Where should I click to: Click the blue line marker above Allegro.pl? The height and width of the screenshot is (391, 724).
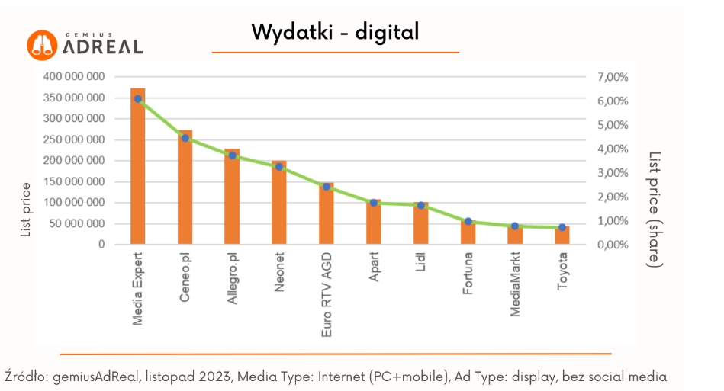[x=232, y=155]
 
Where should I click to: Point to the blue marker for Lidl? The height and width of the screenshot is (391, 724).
[x=420, y=205]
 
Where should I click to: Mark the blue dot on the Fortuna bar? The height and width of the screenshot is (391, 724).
[x=468, y=222]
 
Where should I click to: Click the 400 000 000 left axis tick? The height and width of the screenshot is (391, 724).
[x=74, y=77]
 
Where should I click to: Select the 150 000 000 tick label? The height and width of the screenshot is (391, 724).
[x=74, y=182]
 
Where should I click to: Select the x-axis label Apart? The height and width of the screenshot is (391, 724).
[x=374, y=273]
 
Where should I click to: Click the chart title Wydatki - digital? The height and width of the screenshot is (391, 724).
[x=335, y=32]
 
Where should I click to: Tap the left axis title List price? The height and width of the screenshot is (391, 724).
[x=26, y=210]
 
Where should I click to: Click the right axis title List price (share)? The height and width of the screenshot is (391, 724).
[x=655, y=209]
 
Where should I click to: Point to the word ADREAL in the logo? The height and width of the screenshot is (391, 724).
[x=103, y=47]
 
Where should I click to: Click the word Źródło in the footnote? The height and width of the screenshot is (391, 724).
[x=25, y=377]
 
